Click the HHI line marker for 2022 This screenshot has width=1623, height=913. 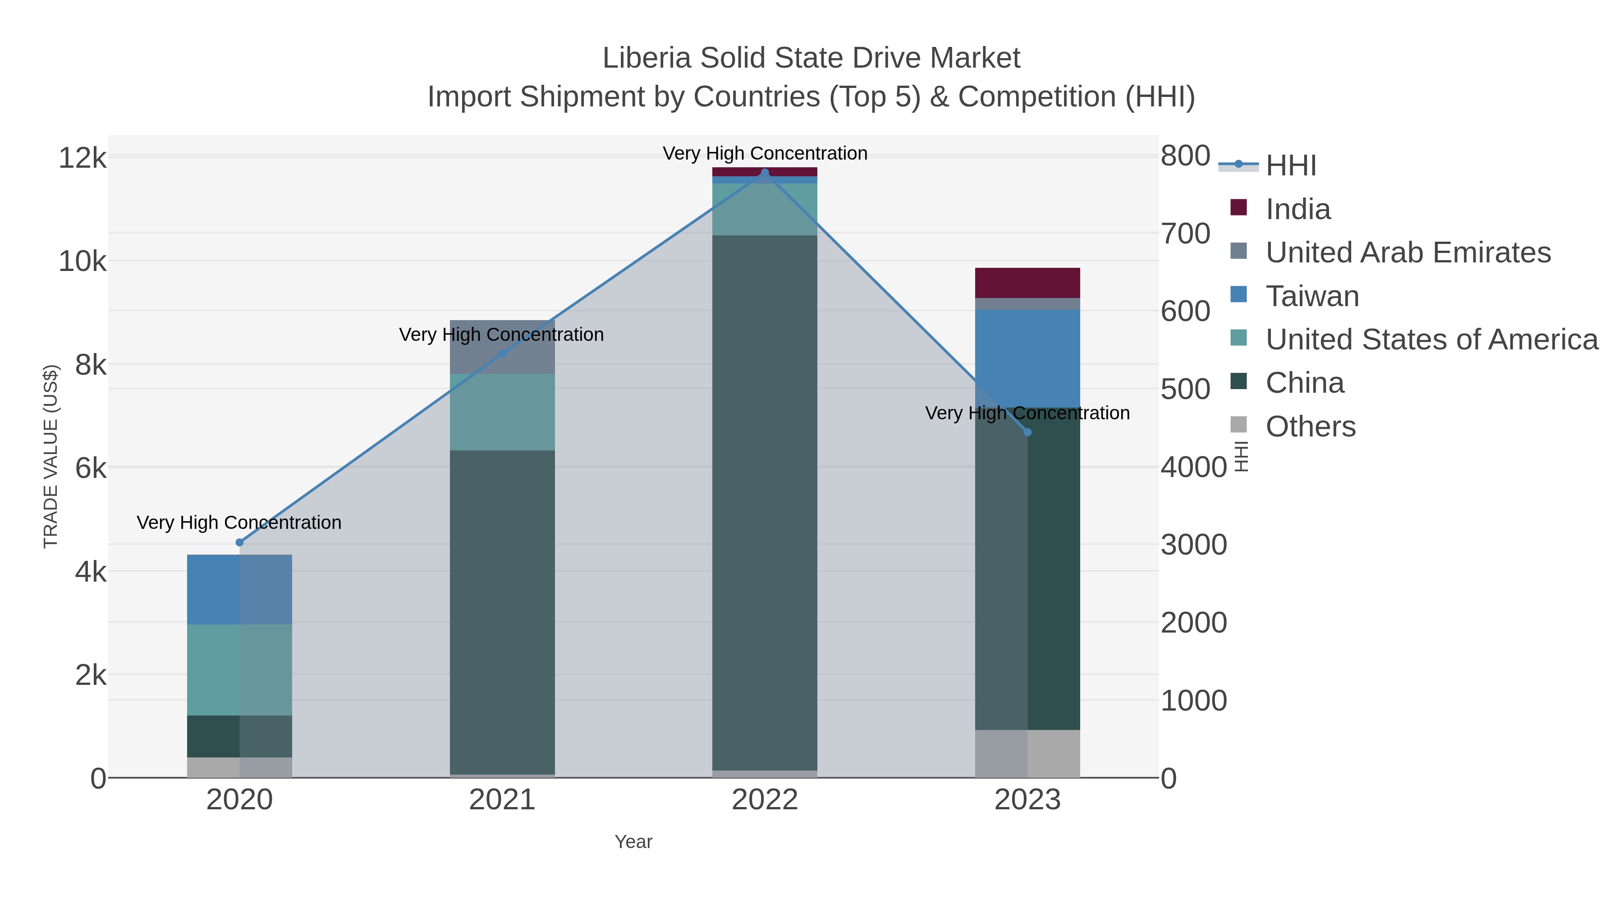[x=765, y=173]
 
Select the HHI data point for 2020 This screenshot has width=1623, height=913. [x=239, y=542]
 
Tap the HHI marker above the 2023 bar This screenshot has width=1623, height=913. [x=1027, y=432]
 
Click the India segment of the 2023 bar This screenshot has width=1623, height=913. [x=1027, y=283]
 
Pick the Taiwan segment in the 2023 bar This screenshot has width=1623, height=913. [x=1027, y=358]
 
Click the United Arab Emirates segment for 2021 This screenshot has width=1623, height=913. [x=502, y=347]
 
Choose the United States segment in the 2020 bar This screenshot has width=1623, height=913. [x=239, y=670]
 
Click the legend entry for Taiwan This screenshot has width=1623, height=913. [x=1312, y=296]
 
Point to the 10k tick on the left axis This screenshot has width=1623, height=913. [x=83, y=261]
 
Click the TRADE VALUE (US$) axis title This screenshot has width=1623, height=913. [x=50, y=456]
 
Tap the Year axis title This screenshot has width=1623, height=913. [x=633, y=842]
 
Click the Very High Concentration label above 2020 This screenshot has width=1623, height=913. [x=239, y=523]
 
